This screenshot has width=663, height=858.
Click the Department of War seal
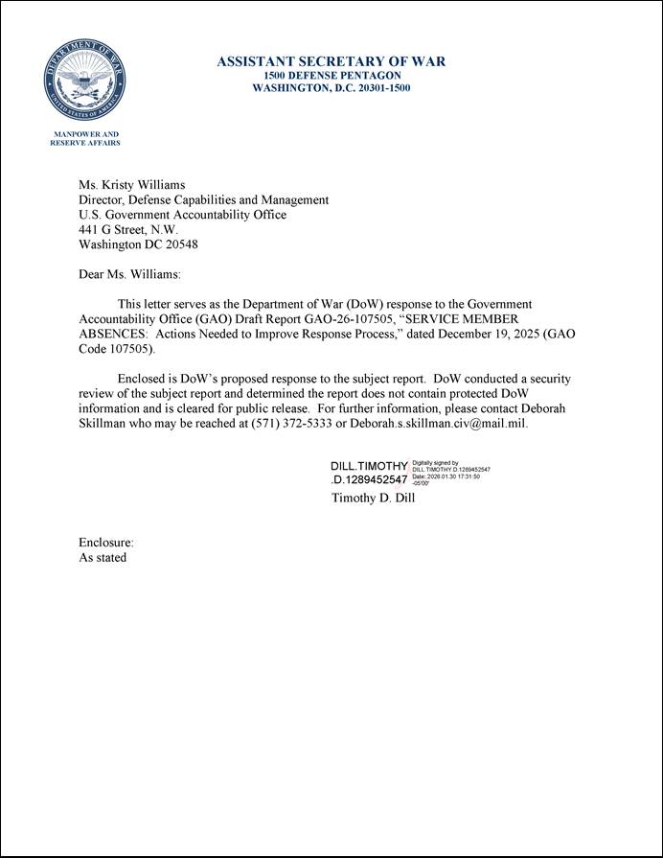[x=84, y=78]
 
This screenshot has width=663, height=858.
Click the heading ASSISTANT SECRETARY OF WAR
[x=331, y=62]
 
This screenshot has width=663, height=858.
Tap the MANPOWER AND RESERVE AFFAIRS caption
[x=84, y=138]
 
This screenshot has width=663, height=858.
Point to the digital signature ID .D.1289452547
[x=369, y=480]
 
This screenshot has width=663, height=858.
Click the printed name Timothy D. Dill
[x=373, y=499]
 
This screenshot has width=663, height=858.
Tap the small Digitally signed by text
[x=436, y=462]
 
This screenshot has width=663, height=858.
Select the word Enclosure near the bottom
[x=100, y=543]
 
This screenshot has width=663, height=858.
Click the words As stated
[x=103, y=558]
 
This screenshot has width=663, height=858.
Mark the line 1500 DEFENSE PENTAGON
[x=331, y=76]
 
